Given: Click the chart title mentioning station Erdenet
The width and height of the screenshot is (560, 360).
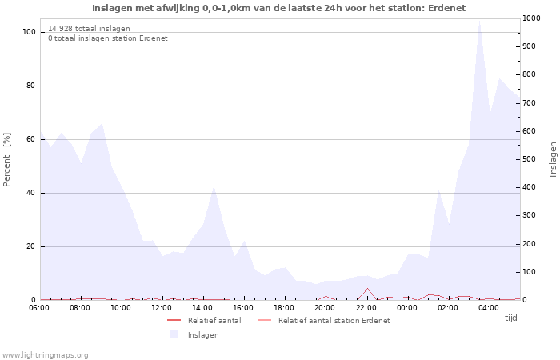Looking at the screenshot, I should point(278,8).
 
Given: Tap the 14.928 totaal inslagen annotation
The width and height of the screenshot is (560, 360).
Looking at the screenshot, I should point(89,29).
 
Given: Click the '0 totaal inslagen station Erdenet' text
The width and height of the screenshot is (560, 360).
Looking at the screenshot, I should point(108,38).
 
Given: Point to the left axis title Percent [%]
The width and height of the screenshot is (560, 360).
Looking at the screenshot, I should point(7,159).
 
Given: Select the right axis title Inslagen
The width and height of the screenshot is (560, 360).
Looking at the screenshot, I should point(553,159).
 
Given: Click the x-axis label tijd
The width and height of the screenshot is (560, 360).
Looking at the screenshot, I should point(510,318).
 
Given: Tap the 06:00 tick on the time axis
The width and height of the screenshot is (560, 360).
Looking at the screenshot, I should point(39,307).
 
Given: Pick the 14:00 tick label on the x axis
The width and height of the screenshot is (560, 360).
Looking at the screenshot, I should point(203,307).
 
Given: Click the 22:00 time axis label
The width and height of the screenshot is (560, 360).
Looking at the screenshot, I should point(366,307).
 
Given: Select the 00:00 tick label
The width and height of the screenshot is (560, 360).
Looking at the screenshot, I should point(407,307).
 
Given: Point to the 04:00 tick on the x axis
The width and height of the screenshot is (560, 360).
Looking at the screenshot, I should point(489,307).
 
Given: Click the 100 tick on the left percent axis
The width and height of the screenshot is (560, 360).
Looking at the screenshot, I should point(29,32).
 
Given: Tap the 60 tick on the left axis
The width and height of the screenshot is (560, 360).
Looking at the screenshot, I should point(30,139).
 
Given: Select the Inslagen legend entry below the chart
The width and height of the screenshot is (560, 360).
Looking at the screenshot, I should point(203,334).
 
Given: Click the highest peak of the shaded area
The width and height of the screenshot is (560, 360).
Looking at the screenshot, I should point(479,22).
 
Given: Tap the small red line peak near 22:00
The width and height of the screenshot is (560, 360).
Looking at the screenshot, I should point(367,289).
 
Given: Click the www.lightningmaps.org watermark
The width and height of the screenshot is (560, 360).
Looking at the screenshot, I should point(46,354).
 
